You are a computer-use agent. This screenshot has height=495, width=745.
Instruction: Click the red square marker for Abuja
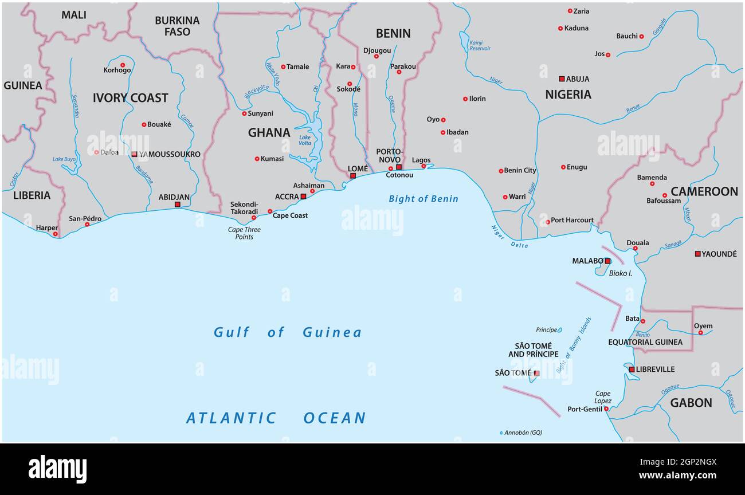pyautogui.click(x=562, y=78)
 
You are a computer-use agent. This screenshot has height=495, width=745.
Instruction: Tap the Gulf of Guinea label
pyautogui.click(x=287, y=332)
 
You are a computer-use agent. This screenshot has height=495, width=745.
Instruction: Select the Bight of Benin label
pyautogui.click(x=424, y=199)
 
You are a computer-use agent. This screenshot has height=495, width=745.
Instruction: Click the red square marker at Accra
pyautogui.click(x=303, y=197)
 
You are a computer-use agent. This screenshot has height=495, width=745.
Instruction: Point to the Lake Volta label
pyautogui.click(x=305, y=140)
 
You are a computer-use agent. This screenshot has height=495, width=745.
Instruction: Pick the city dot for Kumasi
pyautogui.click(x=257, y=159)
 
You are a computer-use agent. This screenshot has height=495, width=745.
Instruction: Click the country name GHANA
pyautogui.click(x=269, y=132)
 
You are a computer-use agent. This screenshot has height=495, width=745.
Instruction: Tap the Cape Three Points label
pyautogui.click(x=244, y=233)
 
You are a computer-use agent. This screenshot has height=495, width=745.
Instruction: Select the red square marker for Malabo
pyautogui.click(x=607, y=261)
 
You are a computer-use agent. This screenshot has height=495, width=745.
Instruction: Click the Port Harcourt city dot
pyautogui.click(x=547, y=221)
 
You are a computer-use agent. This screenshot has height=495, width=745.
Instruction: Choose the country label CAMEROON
pyautogui.click(x=704, y=191)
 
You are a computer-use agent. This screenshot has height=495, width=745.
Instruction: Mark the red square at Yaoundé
pyautogui.click(x=697, y=254)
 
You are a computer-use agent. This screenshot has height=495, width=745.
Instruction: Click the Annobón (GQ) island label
pyautogui.click(x=523, y=433)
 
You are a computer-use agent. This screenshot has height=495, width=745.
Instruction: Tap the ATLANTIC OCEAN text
pyautogui.click(x=276, y=418)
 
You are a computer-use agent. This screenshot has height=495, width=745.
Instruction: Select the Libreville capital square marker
pyautogui.click(x=632, y=370)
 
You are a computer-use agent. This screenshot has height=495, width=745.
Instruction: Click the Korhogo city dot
pyautogui.click(x=123, y=65)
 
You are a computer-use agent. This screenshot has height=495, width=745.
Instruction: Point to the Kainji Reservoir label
pyautogui.click(x=480, y=45)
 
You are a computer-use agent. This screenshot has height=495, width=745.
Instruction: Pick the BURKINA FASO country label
pyautogui.click(x=177, y=26)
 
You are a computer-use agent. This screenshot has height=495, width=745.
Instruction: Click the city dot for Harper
pyautogui.click(x=56, y=234)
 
